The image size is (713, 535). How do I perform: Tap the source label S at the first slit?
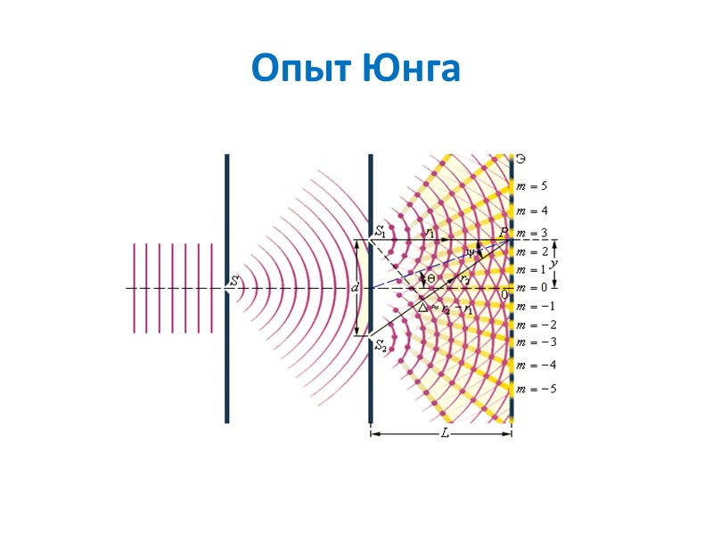pos(234,281)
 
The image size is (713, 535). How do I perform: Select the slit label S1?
pos(381,232)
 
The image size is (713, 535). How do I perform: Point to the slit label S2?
pos(381,345)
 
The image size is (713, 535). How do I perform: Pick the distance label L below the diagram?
pos(445,434)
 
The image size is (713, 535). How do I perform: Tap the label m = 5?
pos(532,186)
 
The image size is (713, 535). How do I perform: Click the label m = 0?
pos(532,287)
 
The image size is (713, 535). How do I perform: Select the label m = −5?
pos(535,389)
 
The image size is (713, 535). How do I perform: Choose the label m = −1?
pos(535,307)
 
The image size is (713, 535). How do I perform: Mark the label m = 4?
pos(532,211)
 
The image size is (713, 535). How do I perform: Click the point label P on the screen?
pos(503,232)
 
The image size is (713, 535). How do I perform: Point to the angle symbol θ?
pos(430,279)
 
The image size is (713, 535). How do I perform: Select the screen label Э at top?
pos(521,160)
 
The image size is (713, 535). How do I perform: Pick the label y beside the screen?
pos(554,264)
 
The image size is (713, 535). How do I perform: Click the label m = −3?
pos(535,342)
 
